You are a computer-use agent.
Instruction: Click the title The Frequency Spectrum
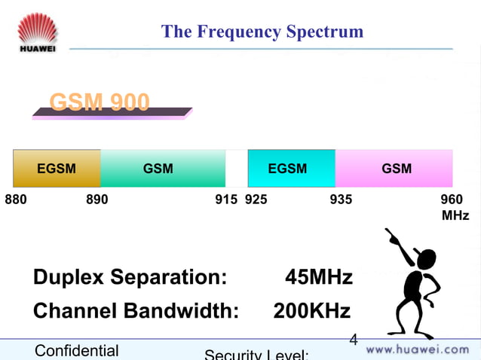point(262,32)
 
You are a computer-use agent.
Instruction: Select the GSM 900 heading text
point(99,102)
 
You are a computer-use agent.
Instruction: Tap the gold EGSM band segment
point(57,168)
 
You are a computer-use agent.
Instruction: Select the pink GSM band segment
point(394,168)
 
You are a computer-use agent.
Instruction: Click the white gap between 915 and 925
point(236,168)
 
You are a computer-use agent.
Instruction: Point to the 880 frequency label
point(16,200)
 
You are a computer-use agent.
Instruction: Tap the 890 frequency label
point(97,200)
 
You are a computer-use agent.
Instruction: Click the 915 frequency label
point(226,200)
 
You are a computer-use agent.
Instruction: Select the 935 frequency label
point(341,200)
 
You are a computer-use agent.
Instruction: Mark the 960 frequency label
point(452,200)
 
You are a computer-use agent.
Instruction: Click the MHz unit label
point(455,215)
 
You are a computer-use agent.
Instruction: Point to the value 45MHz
point(318,277)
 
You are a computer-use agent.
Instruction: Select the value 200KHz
point(311,311)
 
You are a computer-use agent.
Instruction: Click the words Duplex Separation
point(130,277)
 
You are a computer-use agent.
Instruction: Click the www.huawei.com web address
point(417,349)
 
